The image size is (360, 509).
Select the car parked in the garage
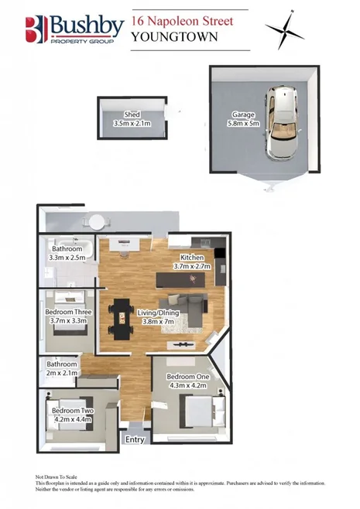coord(283,121)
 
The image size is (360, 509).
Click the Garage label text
coord(243,114)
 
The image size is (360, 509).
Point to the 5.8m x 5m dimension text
coord(243,123)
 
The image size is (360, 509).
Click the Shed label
coord(132,114)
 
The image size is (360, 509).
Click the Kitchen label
coord(192,257)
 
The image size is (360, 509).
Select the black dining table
coord(121,319)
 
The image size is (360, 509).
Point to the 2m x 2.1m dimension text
coord(62,373)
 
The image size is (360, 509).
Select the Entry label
coord(135,439)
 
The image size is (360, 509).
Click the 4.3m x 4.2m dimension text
coord(188,385)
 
